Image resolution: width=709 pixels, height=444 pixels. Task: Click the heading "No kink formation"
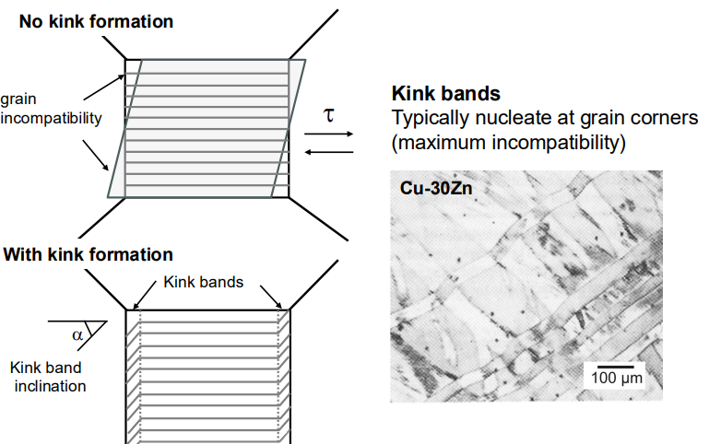click(96, 22)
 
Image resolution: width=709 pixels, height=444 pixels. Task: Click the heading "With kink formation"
click(89, 255)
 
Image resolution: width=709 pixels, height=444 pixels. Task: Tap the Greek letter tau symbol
click(329, 115)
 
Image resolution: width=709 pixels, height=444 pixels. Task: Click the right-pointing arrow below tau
click(329, 134)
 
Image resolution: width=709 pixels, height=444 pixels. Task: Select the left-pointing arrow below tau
click(329, 152)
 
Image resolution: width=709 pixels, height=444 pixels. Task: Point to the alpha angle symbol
click(77, 335)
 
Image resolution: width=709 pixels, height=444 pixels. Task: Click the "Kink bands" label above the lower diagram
click(204, 282)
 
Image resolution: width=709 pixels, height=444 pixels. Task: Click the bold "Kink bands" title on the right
click(446, 93)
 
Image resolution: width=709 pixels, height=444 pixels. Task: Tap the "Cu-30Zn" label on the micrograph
click(436, 188)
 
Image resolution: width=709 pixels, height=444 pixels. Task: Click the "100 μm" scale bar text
click(617, 378)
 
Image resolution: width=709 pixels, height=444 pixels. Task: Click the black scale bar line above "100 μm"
click(615, 367)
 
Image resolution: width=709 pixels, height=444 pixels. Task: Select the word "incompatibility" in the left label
click(51, 118)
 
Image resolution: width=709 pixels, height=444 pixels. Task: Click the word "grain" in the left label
click(18, 99)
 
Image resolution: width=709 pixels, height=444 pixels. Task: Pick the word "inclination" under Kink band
click(50, 386)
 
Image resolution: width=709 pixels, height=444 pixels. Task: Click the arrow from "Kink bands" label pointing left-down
click(144, 295)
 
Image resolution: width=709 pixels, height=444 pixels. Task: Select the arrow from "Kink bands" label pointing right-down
click(271, 297)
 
